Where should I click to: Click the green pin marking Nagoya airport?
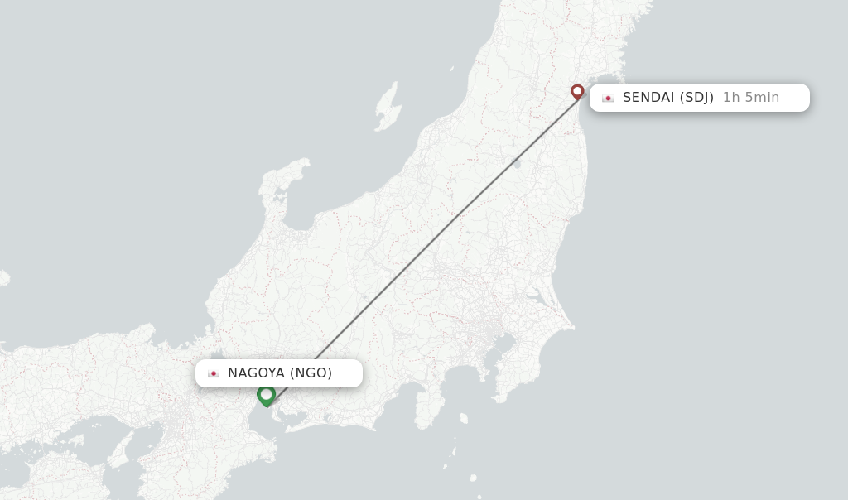click(x=266, y=395)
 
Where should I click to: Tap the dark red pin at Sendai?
click(x=577, y=91)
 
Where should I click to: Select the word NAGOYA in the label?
click(x=256, y=373)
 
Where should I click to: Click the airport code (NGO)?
click(x=311, y=373)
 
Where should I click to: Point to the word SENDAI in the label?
click(x=648, y=98)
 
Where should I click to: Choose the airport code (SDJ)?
click(x=696, y=98)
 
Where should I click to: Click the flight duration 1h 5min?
click(x=751, y=98)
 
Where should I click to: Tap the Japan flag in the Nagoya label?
click(x=214, y=373)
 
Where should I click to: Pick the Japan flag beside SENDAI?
click(x=609, y=98)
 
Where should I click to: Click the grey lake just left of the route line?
click(x=517, y=163)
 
